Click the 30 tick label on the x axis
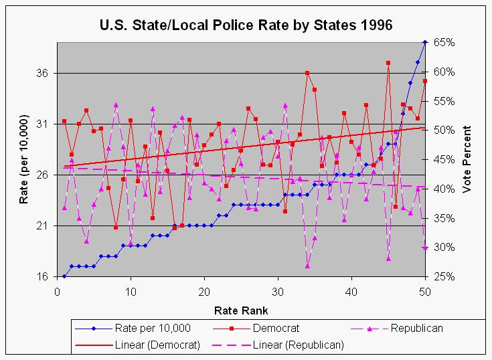277,291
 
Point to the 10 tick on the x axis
130,291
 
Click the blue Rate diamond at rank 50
425,42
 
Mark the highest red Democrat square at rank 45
388,63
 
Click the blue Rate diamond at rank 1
64,276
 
